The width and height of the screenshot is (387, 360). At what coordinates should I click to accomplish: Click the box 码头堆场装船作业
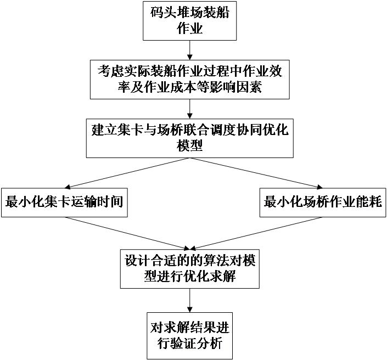pyautogui.click(x=189, y=20)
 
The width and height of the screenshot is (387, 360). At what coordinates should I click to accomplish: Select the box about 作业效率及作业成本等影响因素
pyautogui.click(x=189, y=78)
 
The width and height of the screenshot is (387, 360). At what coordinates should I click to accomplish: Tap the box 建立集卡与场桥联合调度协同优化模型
pyautogui.click(x=189, y=138)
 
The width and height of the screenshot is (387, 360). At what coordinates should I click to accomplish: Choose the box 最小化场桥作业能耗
pyautogui.click(x=323, y=202)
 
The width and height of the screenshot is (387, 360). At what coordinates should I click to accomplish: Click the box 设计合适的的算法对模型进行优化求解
pyautogui.click(x=189, y=268)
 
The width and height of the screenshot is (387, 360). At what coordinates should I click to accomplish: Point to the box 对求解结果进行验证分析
pyautogui.click(x=189, y=337)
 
